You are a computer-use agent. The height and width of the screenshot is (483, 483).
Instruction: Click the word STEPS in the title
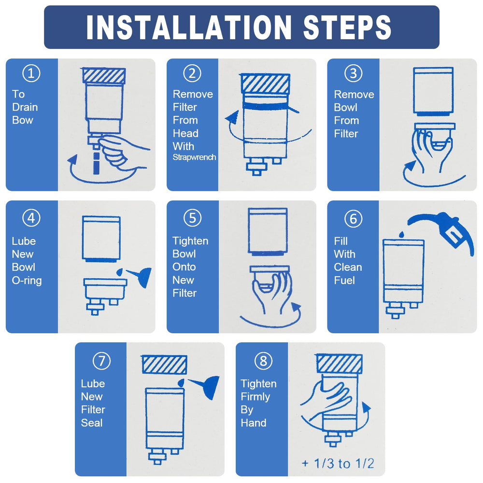pos(347,27)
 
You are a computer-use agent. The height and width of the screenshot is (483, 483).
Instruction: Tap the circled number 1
pos(31,73)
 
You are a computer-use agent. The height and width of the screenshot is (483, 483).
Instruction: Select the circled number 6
pos(353,218)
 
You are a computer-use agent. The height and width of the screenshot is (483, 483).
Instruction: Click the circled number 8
pos(263,361)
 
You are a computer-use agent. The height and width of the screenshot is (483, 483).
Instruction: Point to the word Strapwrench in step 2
pos(194,157)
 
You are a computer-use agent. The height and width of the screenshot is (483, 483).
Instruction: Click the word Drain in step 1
pos(25,107)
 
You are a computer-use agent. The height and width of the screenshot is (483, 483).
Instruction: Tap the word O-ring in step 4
pos(27,280)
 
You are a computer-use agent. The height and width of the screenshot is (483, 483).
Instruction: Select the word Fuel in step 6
pos(344,280)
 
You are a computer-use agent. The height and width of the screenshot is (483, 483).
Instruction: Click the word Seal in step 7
pos(92,423)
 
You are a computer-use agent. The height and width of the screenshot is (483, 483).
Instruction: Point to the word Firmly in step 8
pos(256,397)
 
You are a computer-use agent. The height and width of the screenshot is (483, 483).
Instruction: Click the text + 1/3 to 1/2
pos(338,463)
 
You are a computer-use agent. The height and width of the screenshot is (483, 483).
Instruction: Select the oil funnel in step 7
pos(205,386)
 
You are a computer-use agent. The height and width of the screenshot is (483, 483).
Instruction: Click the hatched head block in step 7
pos(165,365)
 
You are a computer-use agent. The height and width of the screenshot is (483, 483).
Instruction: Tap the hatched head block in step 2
pos(266,84)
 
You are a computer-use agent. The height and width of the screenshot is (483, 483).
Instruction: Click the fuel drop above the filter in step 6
pos(401,235)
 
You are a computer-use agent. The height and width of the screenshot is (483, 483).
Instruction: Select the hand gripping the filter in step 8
pos(328,399)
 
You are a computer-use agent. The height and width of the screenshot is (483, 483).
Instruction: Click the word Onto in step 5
pos(184,267)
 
